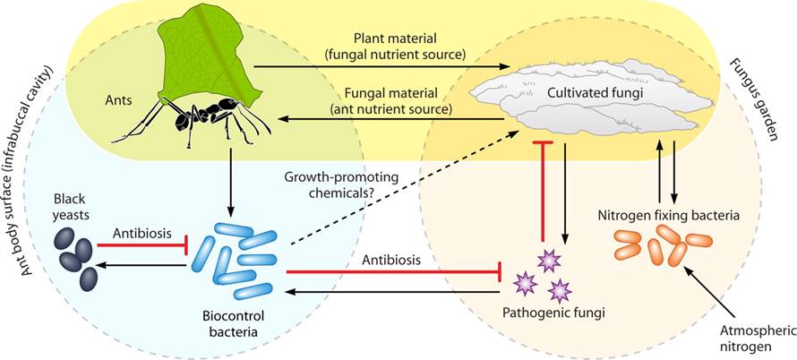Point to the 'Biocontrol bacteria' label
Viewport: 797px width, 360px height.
pos(234,324)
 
